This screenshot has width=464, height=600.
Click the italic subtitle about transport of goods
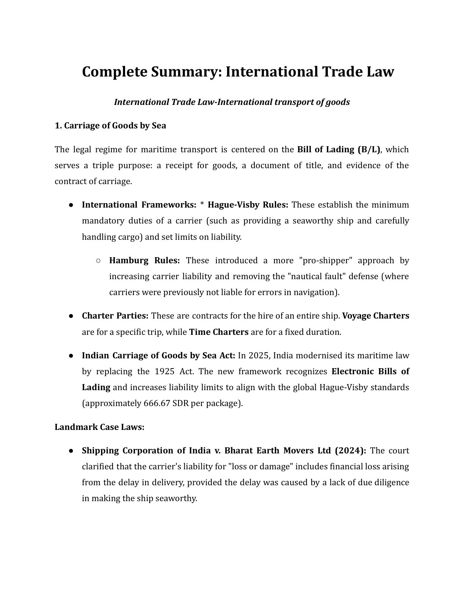tap(232, 102)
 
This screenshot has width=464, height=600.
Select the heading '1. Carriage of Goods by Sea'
tap(110, 125)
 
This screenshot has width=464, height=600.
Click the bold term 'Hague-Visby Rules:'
tap(248, 205)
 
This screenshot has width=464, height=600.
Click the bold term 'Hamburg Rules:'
tap(144, 260)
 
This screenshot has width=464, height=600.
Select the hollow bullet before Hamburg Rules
tap(98, 261)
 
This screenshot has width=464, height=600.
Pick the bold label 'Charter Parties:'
tap(115, 316)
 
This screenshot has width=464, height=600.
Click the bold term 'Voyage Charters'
tap(375, 316)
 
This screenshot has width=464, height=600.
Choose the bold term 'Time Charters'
tap(219, 332)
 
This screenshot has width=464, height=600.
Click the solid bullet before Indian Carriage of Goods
tap(71, 356)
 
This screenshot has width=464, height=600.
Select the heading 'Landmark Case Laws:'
tap(99, 427)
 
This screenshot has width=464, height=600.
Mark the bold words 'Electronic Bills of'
tap(370, 371)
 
